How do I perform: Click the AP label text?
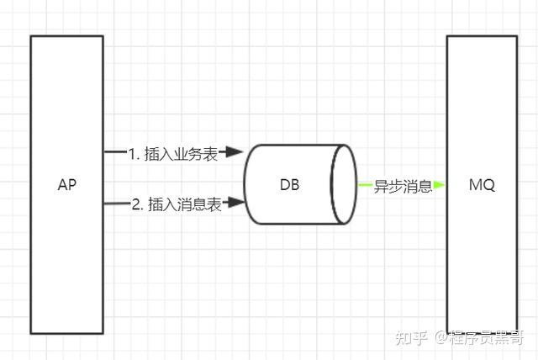66,185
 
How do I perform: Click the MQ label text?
482,185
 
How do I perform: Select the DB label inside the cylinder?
289,185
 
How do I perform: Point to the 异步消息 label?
403,187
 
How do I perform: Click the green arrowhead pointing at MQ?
440,185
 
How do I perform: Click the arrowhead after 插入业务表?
236,152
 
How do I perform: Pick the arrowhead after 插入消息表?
238,203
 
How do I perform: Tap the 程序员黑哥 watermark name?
487,338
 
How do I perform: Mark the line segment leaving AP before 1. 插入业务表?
114,152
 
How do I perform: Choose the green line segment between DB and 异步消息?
365,185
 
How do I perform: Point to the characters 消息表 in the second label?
203,204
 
